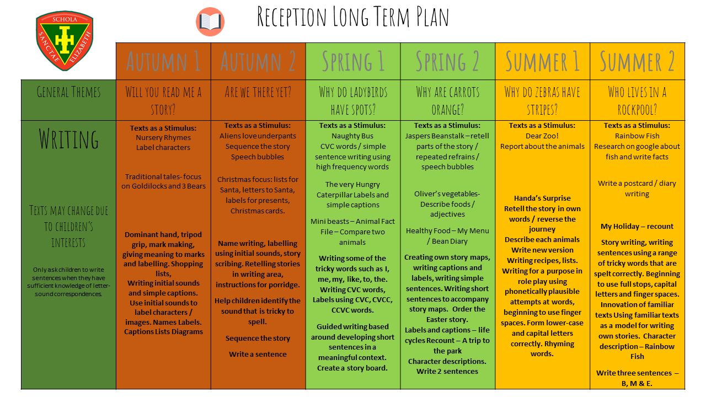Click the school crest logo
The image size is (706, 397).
point(65,41)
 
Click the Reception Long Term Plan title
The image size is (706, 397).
point(353,18)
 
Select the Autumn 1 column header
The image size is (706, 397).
point(163,61)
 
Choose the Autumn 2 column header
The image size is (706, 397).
point(258,61)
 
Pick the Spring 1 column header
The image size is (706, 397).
point(353,61)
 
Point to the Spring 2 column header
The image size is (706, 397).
point(447,61)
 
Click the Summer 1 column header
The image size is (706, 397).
point(543,61)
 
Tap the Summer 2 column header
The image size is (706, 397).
point(637,61)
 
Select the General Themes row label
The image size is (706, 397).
point(68,92)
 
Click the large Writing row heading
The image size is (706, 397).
point(68,139)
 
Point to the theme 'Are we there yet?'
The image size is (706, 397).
point(258,92)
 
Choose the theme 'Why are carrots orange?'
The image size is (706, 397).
point(447,100)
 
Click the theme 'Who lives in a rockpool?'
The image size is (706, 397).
point(637,100)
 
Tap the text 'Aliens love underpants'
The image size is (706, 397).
point(258,136)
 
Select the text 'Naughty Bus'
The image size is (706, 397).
point(353,136)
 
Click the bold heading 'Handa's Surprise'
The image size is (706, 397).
point(542,198)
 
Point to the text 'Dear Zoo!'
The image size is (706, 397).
point(542,136)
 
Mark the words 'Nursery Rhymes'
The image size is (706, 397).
point(163,137)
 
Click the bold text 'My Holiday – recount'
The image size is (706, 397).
point(637,226)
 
